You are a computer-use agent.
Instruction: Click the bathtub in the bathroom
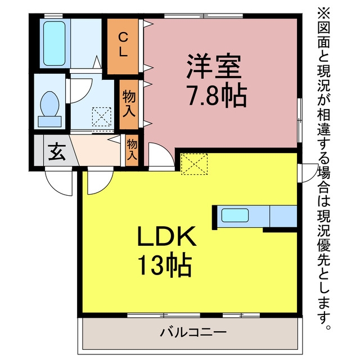click(54, 44)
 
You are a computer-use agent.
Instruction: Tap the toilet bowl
click(49, 103)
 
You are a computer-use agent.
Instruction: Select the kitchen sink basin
click(235, 215)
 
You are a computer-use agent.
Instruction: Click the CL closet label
click(123, 44)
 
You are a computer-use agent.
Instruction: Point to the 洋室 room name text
click(214, 67)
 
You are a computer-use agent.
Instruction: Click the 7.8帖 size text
click(218, 96)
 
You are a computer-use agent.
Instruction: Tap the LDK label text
click(166, 236)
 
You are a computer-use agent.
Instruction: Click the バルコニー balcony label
click(193, 332)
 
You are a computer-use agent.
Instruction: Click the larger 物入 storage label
click(129, 103)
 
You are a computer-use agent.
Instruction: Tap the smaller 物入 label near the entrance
click(132, 150)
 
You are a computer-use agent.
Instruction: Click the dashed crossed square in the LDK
click(194, 164)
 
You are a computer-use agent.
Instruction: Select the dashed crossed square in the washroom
click(101, 117)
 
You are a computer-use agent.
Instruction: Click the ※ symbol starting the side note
click(323, 13)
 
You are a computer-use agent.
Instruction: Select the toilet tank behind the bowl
click(49, 121)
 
